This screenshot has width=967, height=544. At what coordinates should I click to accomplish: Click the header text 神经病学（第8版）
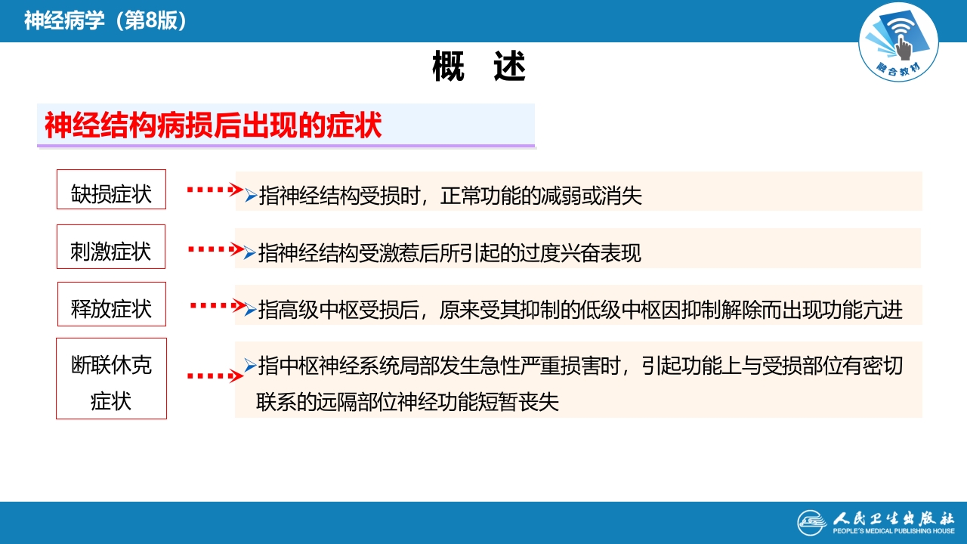click(x=105, y=20)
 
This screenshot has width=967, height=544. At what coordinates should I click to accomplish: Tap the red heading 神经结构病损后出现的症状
click(x=213, y=125)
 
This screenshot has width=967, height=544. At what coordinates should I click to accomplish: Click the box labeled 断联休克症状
click(x=111, y=379)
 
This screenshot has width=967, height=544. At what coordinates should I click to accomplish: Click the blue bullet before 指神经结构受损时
click(x=251, y=196)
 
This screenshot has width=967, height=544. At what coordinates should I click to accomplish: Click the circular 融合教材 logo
click(x=898, y=43)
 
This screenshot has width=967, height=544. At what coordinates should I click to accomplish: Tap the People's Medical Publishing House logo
click(x=876, y=522)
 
